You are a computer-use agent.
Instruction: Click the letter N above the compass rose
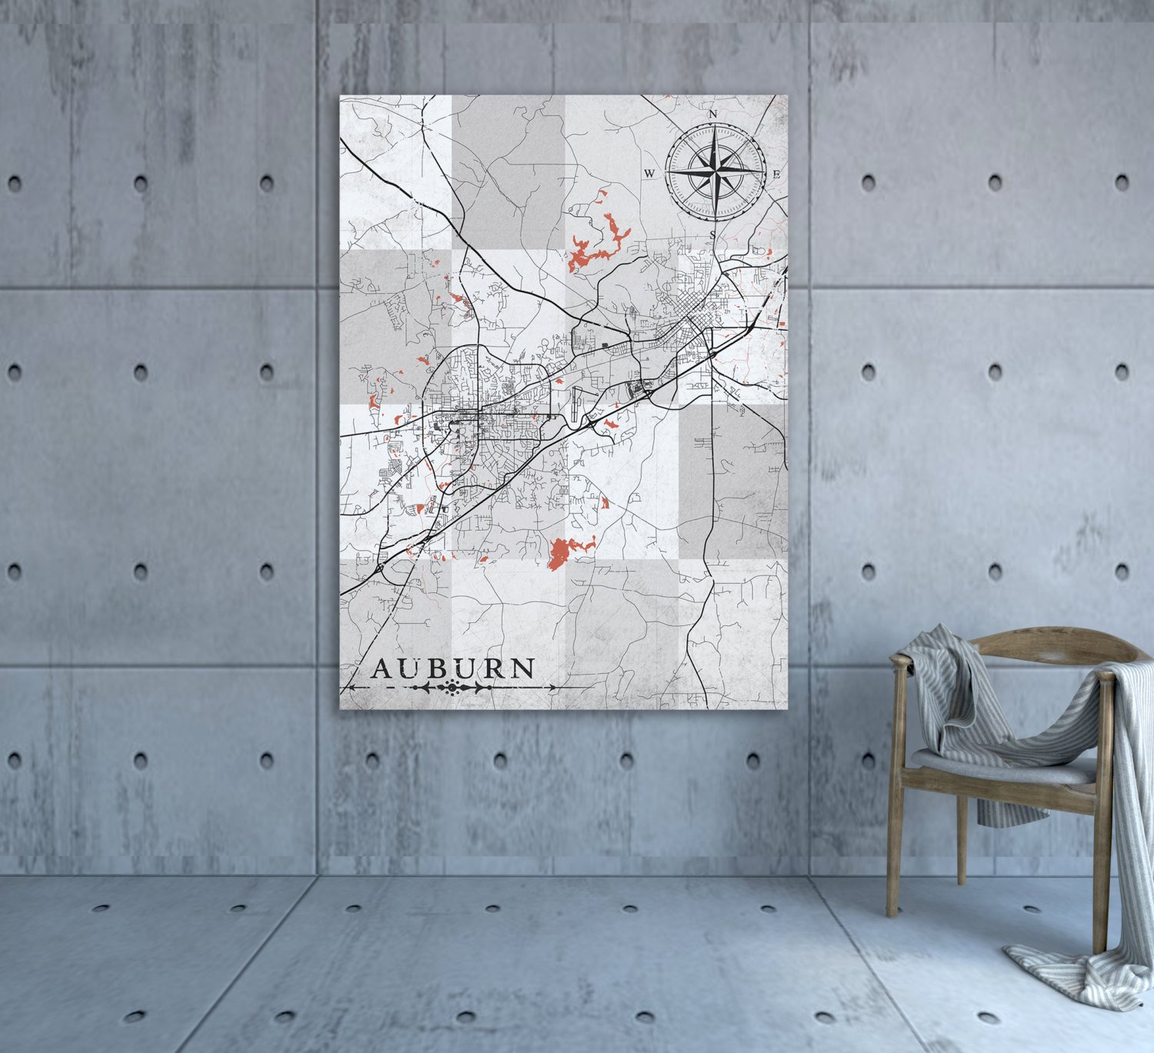[712, 115]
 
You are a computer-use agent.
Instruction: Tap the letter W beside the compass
[649, 174]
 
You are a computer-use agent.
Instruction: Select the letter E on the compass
[777, 175]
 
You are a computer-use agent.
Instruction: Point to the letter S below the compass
[713, 235]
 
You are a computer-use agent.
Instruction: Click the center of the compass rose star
[715, 170]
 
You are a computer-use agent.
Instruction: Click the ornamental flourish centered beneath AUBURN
[450, 688]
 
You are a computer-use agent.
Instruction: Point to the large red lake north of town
[600, 242]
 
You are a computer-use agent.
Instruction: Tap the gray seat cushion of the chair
[1000, 766]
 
